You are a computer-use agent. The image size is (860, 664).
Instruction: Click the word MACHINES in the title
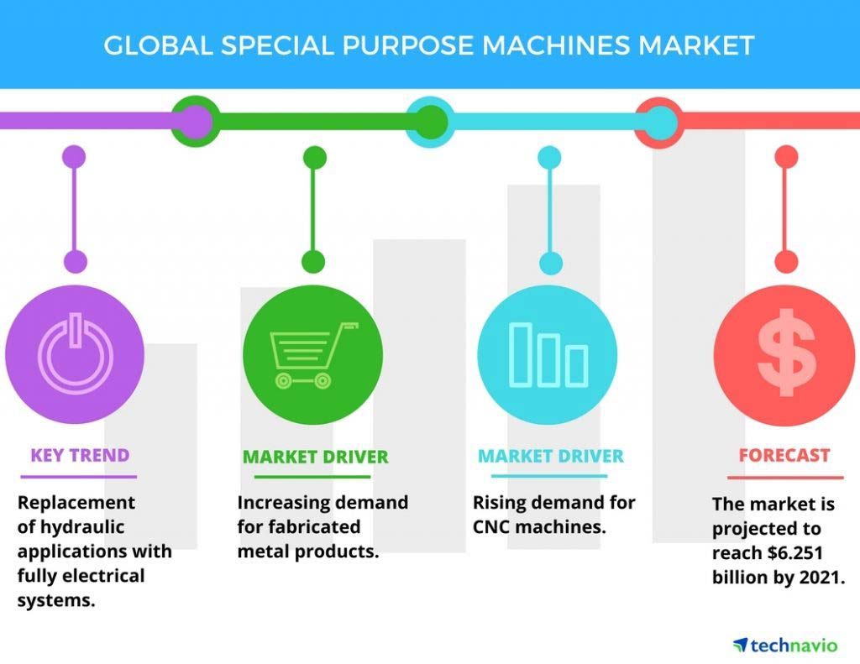pos(556,45)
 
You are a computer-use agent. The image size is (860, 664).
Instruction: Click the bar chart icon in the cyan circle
pos(548,355)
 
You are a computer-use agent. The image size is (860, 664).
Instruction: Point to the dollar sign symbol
pos(786,352)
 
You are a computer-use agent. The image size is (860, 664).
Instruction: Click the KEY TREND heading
pos(80,455)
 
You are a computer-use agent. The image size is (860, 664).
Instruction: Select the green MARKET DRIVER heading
pos(316,457)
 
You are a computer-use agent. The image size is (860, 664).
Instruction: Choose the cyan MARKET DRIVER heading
pos(551,456)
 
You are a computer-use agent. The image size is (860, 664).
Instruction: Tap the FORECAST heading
pos(784,455)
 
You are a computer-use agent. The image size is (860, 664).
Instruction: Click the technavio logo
pos(785,646)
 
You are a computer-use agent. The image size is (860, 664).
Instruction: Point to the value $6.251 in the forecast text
pos(795,552)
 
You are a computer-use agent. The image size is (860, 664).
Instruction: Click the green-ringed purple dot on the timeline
pos(195,121)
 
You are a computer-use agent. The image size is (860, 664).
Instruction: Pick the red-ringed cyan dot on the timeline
pos(659,122)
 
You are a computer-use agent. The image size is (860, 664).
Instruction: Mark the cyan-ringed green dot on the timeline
pos(431,122)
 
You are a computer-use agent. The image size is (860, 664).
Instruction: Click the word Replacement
pos(76,504)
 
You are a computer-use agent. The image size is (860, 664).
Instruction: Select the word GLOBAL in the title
pos(158,45)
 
